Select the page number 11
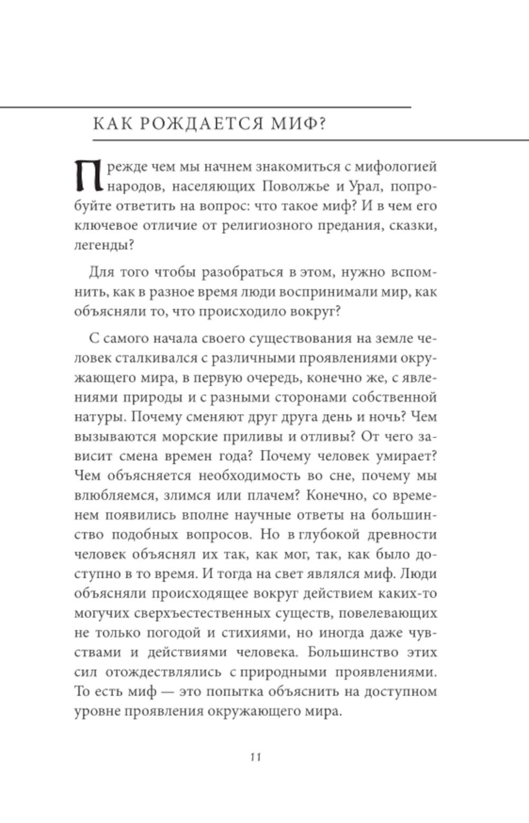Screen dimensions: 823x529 256,757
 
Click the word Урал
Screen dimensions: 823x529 370,186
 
